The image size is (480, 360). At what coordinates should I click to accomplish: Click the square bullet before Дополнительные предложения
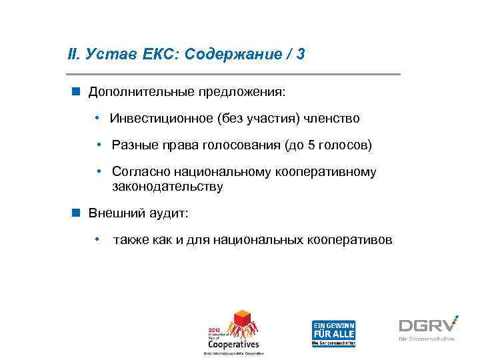coord(77,90)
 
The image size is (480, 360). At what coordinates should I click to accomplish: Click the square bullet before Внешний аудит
coord(77,212)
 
